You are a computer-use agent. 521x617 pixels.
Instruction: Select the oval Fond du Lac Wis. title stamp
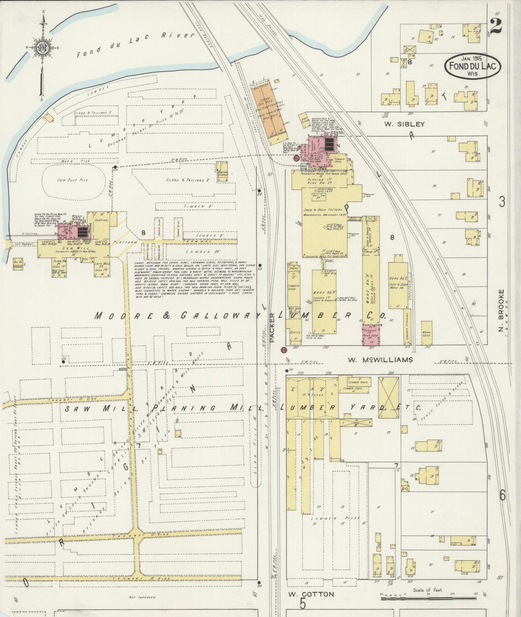pos(472,66)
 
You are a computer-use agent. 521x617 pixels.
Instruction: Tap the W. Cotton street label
pos(311,594)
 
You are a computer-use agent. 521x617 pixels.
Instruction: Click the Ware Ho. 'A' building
pos(324,301)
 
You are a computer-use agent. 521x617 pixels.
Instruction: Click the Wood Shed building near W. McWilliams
pos(427,333)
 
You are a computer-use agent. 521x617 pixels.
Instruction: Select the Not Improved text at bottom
pos(142,597)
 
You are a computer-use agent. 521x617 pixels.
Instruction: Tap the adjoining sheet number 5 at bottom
pos(303,603)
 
